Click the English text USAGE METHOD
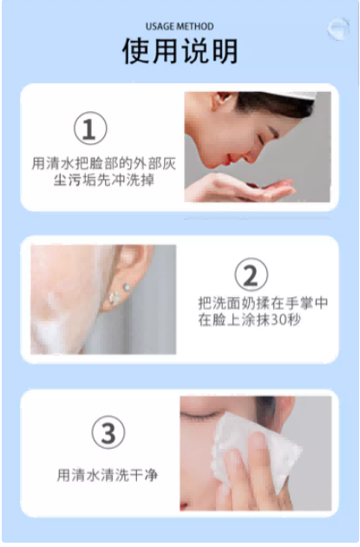[180, 27]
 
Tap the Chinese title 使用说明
[180, 51]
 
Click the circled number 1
[90, 128]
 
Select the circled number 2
[251, 274]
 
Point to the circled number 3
[108, 432]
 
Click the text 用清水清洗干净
[108, 475]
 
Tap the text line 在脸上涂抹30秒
[249, 320]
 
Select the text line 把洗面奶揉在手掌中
[263, 303]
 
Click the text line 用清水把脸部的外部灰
[104, 163]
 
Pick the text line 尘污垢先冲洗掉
[104, 180]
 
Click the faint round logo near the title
[338, 29]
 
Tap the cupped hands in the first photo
[240, 188]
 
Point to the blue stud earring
[127, 287]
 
